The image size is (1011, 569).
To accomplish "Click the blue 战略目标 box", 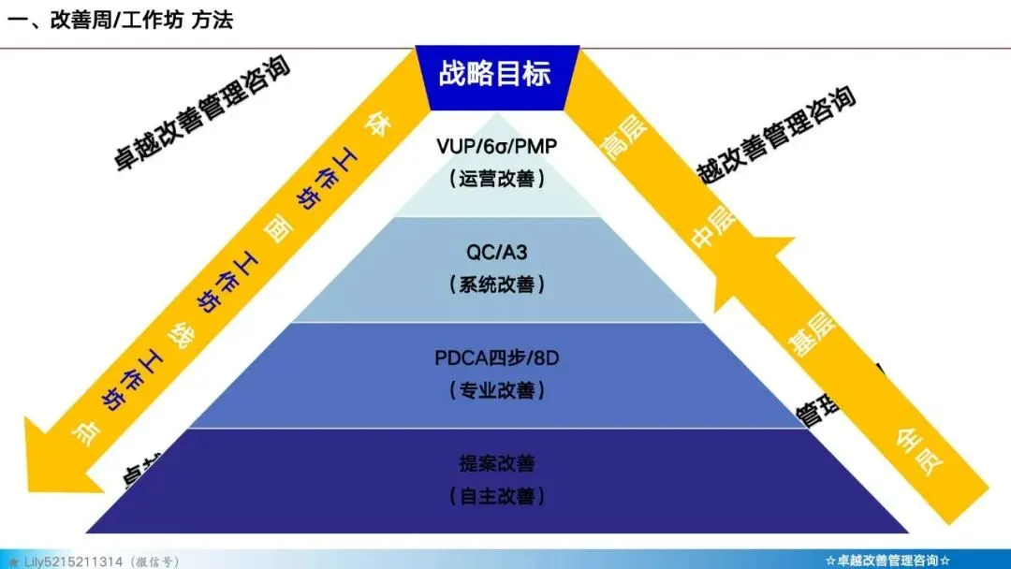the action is pyautogui.click(x=495, y=73).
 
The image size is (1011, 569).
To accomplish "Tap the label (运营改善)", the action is pyautogui.click(x=496, y=178).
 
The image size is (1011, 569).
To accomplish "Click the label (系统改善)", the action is pyautogui.click(x=496, y=284).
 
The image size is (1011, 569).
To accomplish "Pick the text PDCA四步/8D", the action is pyautogui.click(x=496, y=357).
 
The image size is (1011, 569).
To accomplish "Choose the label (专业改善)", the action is pyautogui.click(x=496, y=389).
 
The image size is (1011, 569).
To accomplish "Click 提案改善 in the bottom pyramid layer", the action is pyautogui.click(x=496, y=463).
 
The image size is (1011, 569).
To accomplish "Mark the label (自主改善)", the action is pyautogui.click(x=496, y=495).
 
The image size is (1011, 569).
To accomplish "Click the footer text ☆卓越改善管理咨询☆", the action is pyautogui.click(x=888, y=561).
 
